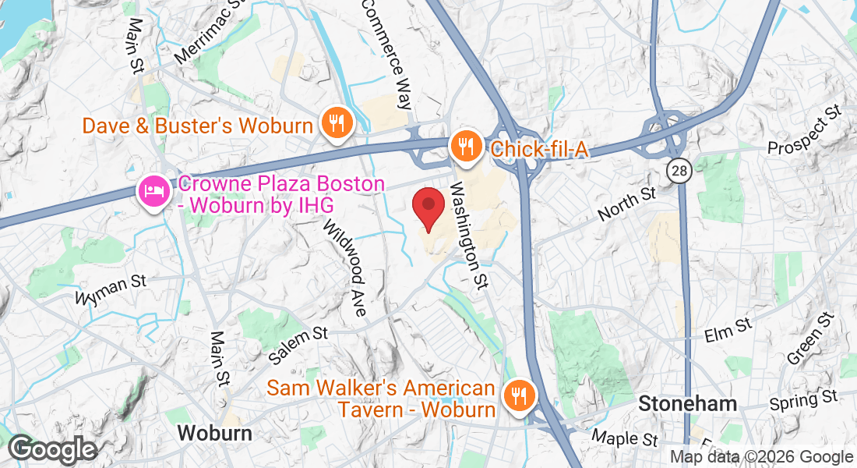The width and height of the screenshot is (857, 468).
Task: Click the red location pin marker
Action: (x=428, y=207)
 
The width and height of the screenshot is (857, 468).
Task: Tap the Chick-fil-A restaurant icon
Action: (x=466, y=146)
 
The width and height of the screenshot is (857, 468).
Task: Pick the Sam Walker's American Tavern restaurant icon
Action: (x=517, y=396)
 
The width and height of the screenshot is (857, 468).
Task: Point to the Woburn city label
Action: (x=213, y=434)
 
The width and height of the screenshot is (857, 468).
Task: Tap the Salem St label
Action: (x=298, y=344)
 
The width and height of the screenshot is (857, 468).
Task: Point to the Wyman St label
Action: (x=110, y=288)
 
